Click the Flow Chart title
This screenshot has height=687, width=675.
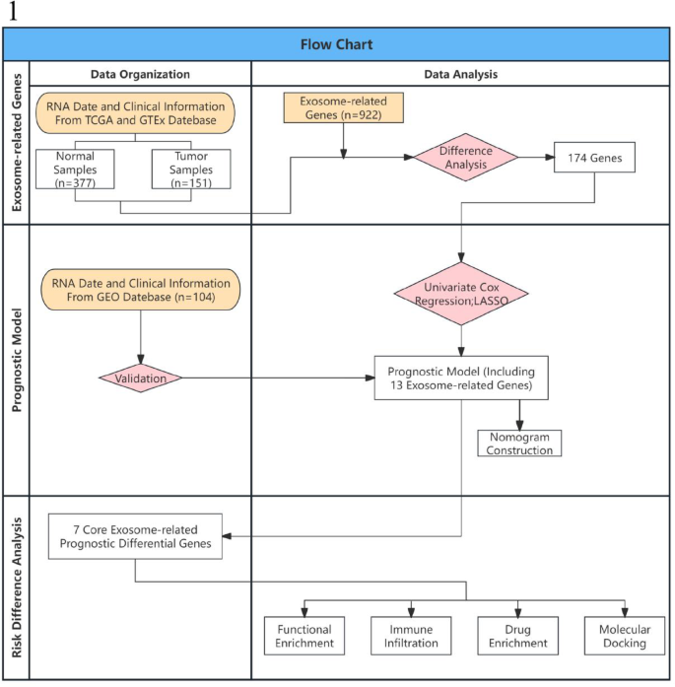336,44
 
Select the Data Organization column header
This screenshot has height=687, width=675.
140,74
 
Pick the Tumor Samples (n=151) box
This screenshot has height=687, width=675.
191,170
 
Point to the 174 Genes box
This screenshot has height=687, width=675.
593,158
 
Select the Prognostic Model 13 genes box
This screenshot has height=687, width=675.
461,377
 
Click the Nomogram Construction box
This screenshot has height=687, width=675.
519,443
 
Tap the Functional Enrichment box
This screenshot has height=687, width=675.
304,636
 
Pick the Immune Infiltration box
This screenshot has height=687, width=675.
410,636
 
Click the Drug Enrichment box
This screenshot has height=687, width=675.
517,636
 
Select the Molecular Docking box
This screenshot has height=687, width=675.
623,636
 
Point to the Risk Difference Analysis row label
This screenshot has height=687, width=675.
15,587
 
